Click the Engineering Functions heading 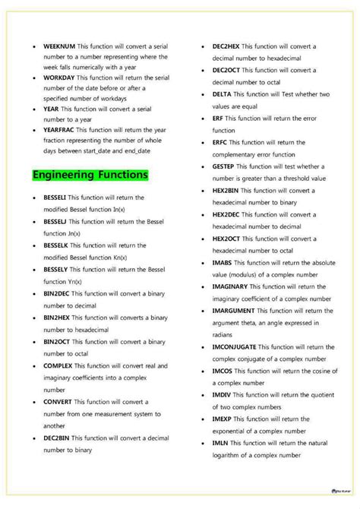[x=90, y=175]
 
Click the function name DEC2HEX [x=229, y=46]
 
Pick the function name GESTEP [x=226, y=166]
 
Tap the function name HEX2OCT [x=229, y=239]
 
